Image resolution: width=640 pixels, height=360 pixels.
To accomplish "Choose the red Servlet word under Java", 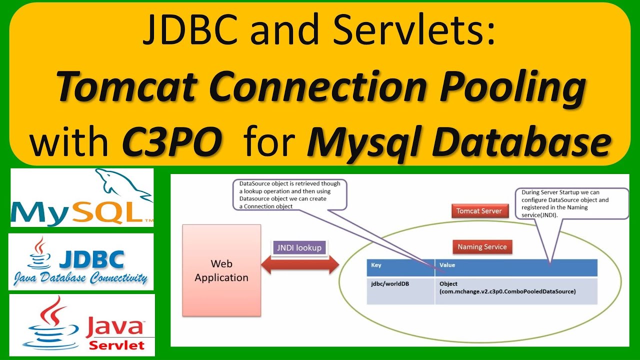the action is click(116, 344).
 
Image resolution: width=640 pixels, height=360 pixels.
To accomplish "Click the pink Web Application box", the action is click(221, 270).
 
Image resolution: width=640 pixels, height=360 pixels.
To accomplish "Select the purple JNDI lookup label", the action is click(299, 247).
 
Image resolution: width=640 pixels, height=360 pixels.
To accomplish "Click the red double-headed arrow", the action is click(300, 265).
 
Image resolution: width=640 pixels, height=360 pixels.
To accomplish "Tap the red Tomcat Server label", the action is click(479, 210).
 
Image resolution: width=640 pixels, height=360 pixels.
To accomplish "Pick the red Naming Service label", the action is click(482, 246).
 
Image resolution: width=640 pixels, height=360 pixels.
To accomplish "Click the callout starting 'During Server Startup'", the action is click(571, 202).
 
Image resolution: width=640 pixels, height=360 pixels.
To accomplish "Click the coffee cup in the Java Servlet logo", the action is click(48, 325).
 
